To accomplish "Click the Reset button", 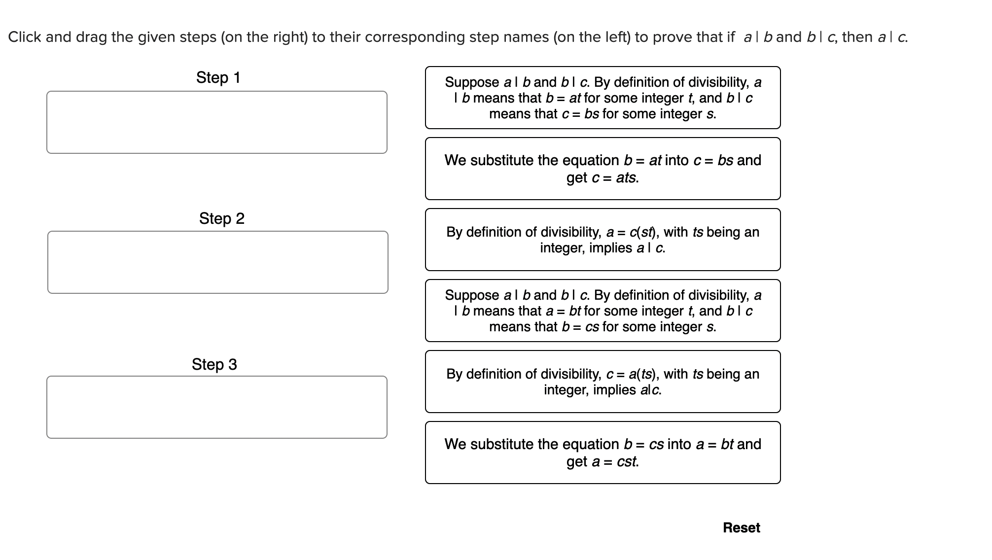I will point(741,527).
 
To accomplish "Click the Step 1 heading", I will point(218,77).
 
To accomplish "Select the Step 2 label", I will point(221,218).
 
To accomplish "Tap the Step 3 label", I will point(214,364).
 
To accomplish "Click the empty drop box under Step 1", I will point(217,122).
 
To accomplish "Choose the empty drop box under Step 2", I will point(217,262).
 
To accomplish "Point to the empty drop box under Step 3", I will point(217,407).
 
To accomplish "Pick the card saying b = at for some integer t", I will point(602,98).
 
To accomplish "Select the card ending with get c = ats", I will point(602,169).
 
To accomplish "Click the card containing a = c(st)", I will point(602,240).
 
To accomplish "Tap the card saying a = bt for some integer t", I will point(602,311).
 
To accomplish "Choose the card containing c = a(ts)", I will point(602,382).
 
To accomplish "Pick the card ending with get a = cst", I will point(602,453).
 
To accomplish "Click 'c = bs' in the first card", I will point(580,114).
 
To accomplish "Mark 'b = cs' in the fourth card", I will point(580,327).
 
